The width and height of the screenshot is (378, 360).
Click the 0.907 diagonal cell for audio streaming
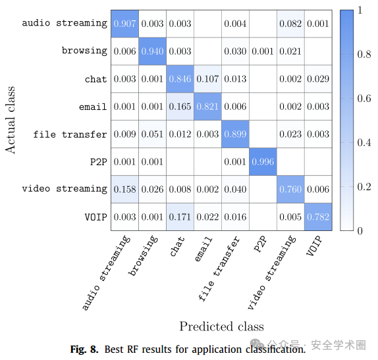[x=125, y=24]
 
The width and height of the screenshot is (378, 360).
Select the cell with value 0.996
[x=263, y=162]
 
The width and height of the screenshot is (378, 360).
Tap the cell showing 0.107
[x=208, y=79]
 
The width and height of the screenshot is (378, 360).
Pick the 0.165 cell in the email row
[x=180, y=107]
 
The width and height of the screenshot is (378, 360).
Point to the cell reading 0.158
[x=125, y=190]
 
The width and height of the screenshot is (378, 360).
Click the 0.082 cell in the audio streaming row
[x=290, y=24]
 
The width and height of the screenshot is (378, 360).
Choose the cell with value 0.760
[x=290, y=190]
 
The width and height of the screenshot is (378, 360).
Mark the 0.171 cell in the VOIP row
[x=180, y=217]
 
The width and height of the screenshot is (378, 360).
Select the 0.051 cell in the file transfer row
[x=152, y=134]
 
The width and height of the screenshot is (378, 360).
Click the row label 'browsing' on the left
[x=84, y=51]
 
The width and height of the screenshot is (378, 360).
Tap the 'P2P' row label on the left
[x=98, y=162]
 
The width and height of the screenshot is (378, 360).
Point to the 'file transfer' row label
[x=70, y=134]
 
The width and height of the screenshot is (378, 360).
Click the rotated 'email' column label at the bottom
[x=203, y=249]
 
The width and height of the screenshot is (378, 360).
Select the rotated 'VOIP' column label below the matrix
[x=314, y=245]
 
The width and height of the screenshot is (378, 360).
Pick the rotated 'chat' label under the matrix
[x=177, y=246]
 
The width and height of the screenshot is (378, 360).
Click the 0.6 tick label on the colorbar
[x=364, y=98]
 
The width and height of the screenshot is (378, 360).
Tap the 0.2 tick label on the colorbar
[x=364, y=187]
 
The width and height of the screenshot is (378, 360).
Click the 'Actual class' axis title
[x=10, y=120]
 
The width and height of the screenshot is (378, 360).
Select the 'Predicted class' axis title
[x=221, y=326]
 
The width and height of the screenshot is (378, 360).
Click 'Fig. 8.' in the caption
[x=84, y=349]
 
